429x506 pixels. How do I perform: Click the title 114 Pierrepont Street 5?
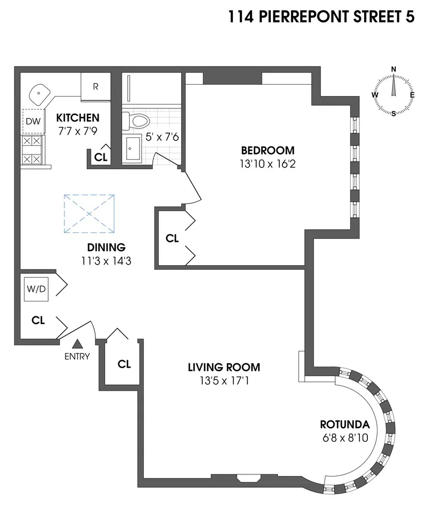tap(321, 17)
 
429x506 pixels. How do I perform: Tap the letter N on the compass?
tap(394, 69)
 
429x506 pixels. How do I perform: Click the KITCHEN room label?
tap(78, 118)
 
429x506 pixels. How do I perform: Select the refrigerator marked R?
tap(95, 86)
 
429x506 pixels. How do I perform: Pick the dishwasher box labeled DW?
tap(33, 121)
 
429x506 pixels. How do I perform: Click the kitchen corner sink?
tap(40, 95)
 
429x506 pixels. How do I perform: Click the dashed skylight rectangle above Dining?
tap(90, 214)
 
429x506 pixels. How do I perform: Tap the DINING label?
tap(106, 247)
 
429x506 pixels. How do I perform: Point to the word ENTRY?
tap(77, 356)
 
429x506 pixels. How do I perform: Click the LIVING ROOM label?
tap(224, 368)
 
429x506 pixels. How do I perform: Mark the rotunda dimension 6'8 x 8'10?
tap(345, 438)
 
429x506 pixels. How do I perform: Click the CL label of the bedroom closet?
tap(172, 239)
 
